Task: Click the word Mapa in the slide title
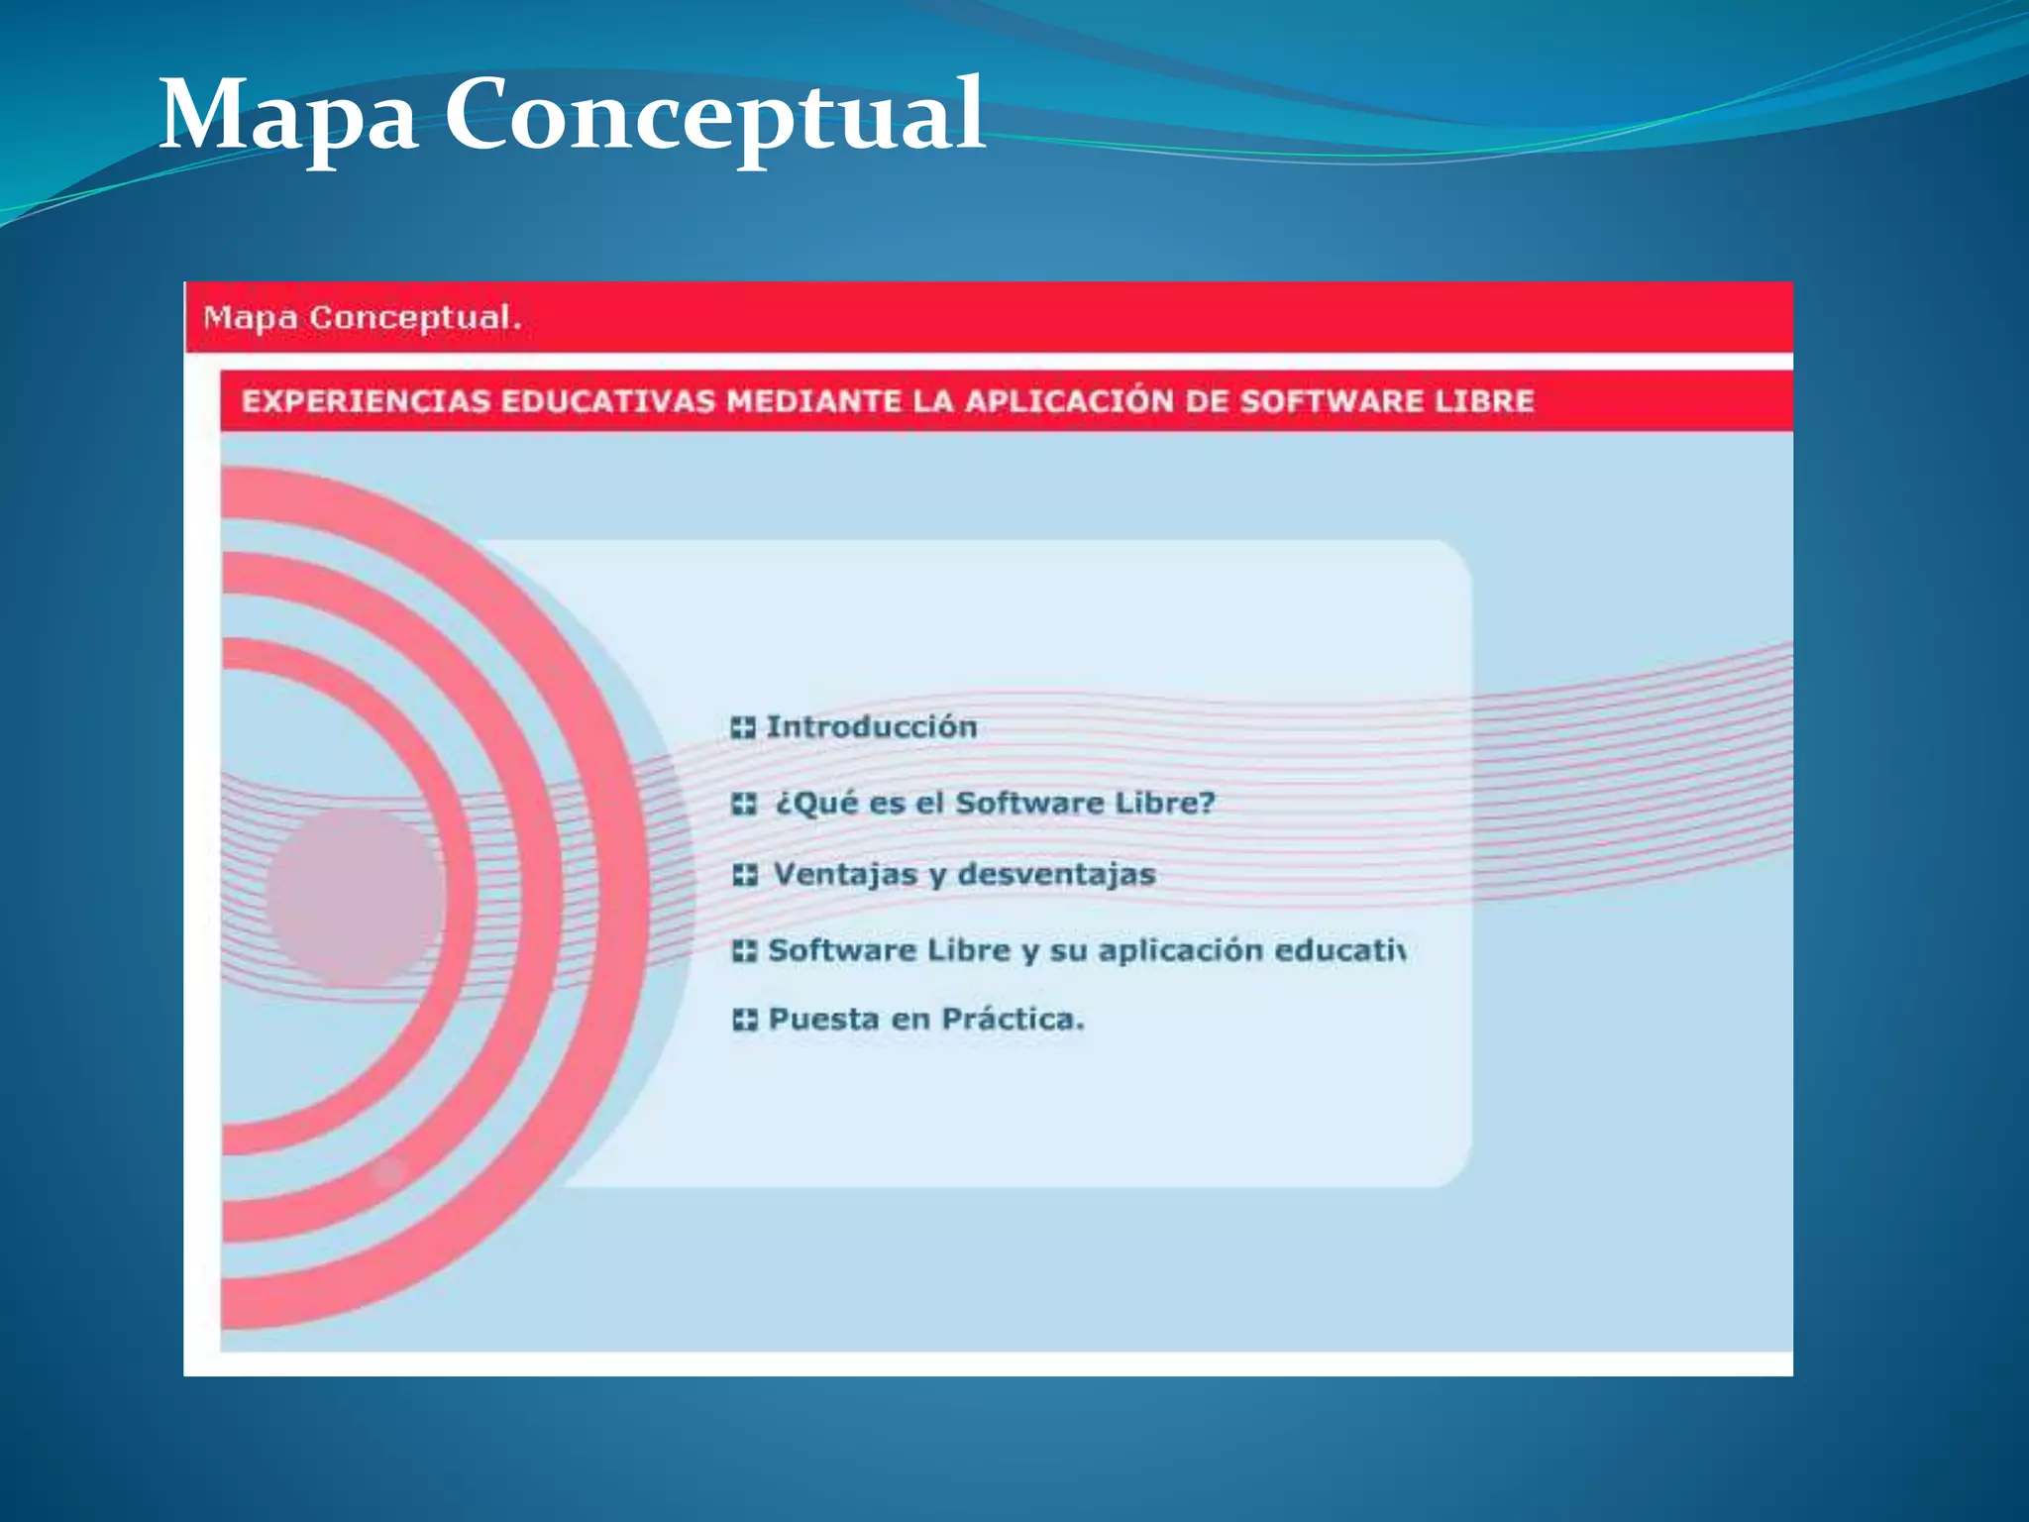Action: pyautogui.click(x=287, y=117)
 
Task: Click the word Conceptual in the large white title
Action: pyautogui.click(x=713, y=117)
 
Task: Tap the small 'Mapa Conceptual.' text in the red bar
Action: pyautogui.click(x=362, y=318)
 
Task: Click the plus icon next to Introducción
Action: pyautogui.click(x=743, y=728)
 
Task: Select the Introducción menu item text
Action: pyautogui.click(x=872, y=727)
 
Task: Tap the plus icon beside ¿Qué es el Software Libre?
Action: pyautogui.click(x=744, y=804)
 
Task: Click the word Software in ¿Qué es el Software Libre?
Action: pyautogui.click(x=1029, y=804)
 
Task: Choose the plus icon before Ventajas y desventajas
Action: pyautogui.click(x=745, y=875)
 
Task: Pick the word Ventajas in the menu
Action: pyautogui.click(x=845, y=875)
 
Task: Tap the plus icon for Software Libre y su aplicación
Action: pyautogui.click(x=744, y=951)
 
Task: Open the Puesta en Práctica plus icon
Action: pyautogui.click(x=745, y=1020)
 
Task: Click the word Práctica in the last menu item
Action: pyautogui.click(x=1013, y=1020)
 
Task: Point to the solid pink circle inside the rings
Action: pyautogui.click(x=354, y=897)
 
